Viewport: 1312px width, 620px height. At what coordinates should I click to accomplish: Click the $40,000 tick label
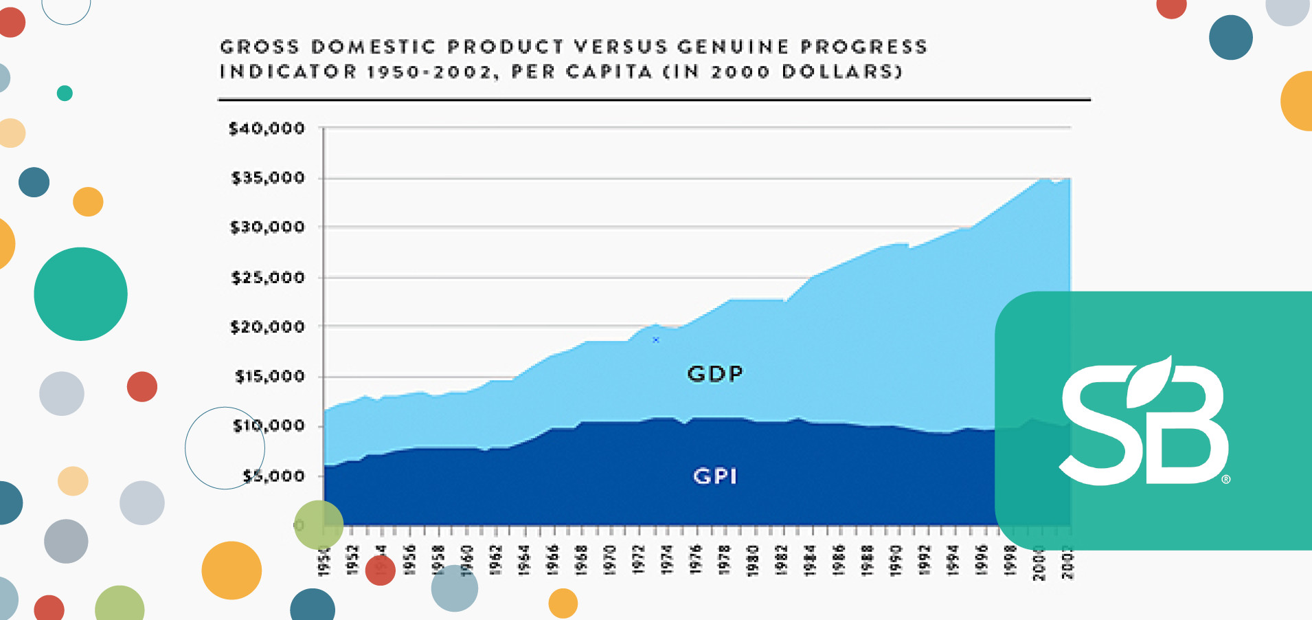click(267, 129)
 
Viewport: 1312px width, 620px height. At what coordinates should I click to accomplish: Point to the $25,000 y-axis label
click(268, 278)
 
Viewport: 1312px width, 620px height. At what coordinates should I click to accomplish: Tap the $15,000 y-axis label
click(269, 377)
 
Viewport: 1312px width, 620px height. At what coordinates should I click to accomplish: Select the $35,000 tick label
click(268, 178)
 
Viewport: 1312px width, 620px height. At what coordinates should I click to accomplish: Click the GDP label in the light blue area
click(715, 373)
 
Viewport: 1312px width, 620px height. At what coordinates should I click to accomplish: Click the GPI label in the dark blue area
click(715, 476)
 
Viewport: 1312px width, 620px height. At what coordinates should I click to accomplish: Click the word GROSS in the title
click(260, 47)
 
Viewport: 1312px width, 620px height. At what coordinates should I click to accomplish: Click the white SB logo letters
click(1144, 426)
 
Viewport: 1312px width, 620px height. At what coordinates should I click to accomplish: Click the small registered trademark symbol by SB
click(1226, 479)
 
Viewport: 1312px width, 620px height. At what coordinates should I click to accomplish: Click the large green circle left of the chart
click(80, 294)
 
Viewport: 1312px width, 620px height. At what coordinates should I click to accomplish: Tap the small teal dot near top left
click(65, 93)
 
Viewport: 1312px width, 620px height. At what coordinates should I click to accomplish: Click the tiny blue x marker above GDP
click(656, 340)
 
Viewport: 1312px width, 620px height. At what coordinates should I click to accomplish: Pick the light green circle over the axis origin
click(319, 524)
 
